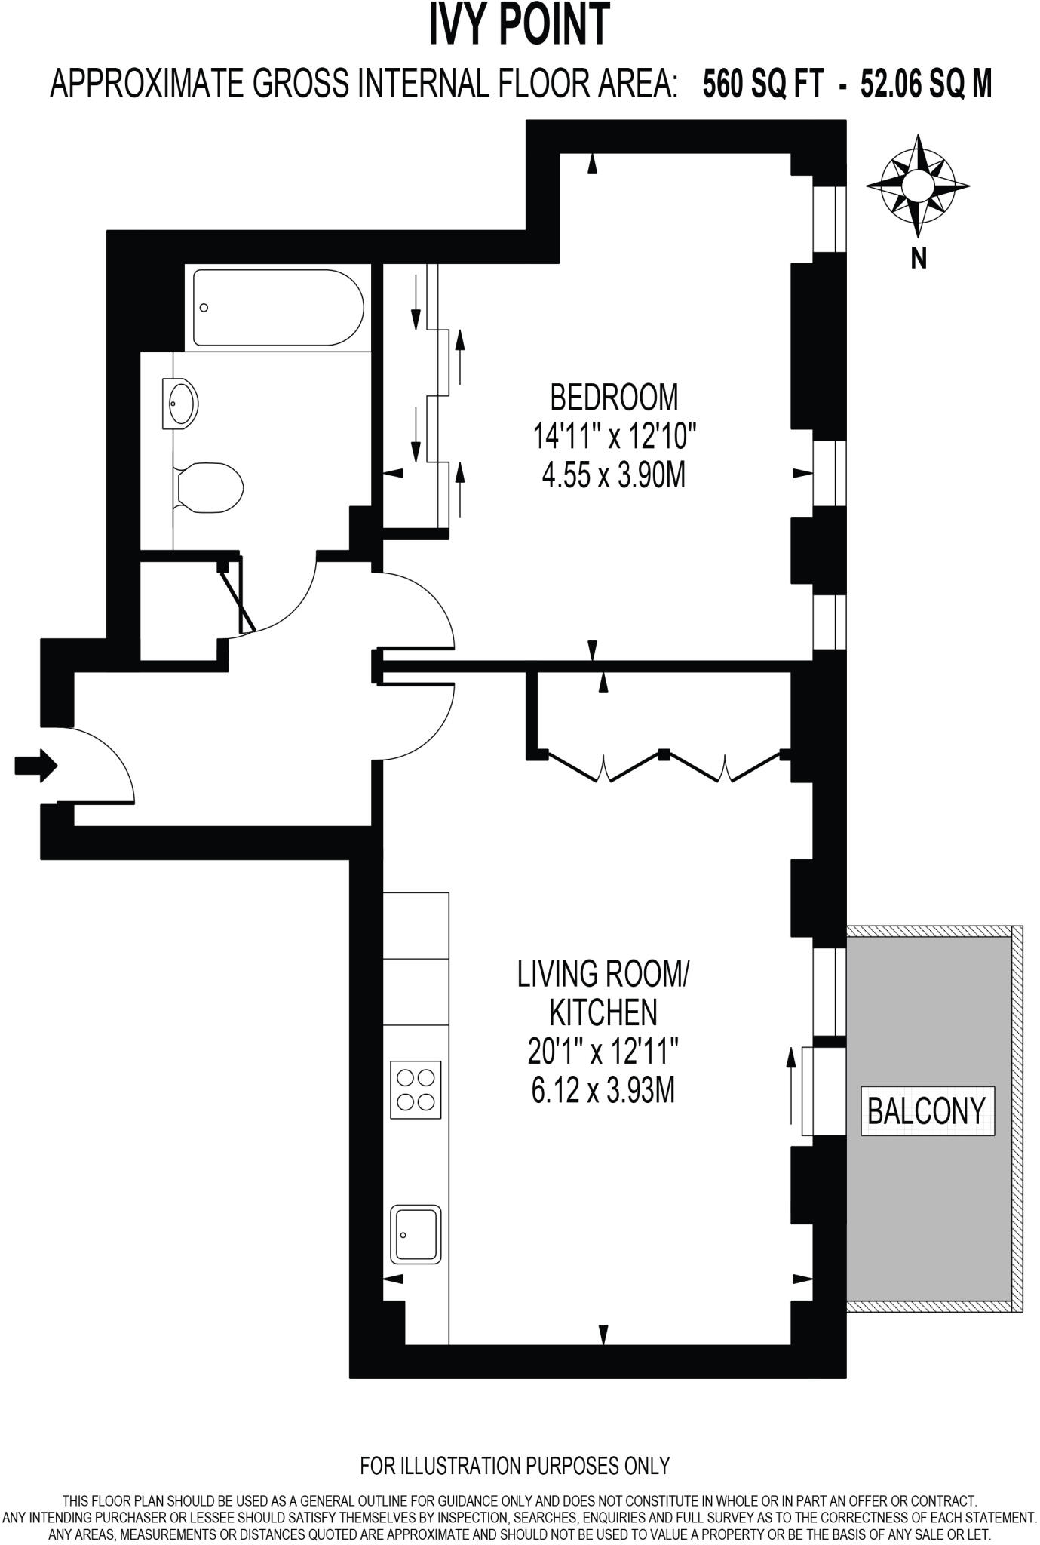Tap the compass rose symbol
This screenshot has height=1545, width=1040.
click(x=918, y=185)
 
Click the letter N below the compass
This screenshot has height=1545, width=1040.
click(x=919, y=259)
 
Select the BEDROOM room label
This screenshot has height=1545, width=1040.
click(x=614, y=397)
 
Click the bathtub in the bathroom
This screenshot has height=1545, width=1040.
click(x=278, y=307)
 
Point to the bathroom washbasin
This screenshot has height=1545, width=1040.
click(x=180, y=404)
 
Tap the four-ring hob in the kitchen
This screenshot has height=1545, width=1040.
click(x=415, y=1089)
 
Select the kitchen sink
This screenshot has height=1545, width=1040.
click(x=416, y=1233)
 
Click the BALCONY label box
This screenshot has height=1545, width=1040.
click(x=927, y=1110)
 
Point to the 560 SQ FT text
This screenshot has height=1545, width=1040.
click(x=763, y=84)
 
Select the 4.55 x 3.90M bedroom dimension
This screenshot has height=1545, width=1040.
click(x=614, y=476)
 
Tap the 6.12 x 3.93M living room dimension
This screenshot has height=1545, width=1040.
click(x=603, y=1090)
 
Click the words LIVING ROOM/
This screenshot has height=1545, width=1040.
click(x=603, y=974)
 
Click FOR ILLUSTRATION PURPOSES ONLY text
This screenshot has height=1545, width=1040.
click(x=514, y=1465)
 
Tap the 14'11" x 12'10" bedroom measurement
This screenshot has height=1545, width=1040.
click(x=614, y=436)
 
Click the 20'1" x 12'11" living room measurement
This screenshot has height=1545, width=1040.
click(x=603, y=1051)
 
